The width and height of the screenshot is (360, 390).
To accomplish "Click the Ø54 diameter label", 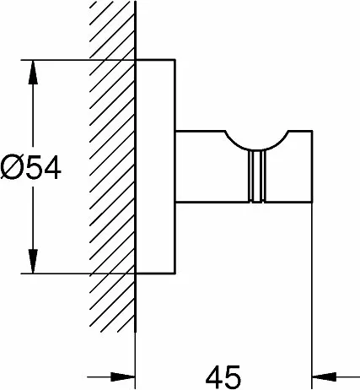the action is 30,168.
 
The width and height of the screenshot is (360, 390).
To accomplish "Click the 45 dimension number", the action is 223,377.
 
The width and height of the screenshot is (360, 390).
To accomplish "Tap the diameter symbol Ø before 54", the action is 11,168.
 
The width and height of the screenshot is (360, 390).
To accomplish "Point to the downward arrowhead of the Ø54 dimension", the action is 33,261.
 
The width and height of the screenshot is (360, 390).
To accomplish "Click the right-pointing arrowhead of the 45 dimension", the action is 123,376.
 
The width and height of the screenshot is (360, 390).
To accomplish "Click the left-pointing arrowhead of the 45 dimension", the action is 325,376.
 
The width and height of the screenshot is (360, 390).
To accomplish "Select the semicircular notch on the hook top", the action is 256,149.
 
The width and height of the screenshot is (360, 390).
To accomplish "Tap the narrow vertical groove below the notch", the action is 256,176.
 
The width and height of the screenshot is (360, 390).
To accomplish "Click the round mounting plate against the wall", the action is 155,166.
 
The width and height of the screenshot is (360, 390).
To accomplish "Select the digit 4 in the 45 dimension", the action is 214,377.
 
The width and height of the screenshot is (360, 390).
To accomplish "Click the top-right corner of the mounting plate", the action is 175,60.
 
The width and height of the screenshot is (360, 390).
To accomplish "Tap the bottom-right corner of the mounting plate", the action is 175,274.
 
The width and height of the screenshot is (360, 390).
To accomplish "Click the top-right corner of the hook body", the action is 312,131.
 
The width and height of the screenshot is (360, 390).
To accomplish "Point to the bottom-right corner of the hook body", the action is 312,202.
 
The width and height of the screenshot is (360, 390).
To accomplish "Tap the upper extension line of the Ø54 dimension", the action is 78,60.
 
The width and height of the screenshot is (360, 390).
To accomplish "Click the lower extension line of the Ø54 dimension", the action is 78,274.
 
